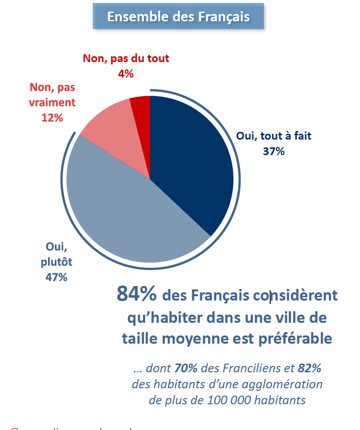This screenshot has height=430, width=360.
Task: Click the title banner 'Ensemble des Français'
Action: [x=179, y=17]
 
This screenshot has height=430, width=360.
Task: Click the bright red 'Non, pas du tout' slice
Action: [x=141, y=111]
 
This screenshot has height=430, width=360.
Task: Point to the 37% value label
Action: [x=273, y=151]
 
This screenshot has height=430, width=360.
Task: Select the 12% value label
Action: [x=52, y=117]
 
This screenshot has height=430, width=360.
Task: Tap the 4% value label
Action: [x=126, y=74]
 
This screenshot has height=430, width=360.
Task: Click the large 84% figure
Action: [x=137, y=294]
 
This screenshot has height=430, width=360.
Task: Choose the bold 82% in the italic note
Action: [x=310, y=368]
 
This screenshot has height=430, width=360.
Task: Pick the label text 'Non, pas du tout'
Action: [x=126, y=59]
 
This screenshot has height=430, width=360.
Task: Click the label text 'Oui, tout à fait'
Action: [x=273, y=136]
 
